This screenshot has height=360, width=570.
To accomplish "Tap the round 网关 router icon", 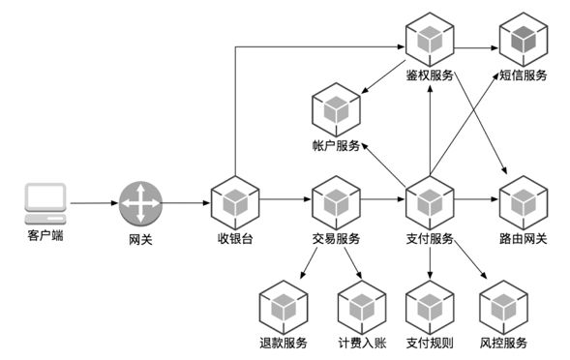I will [140, 203].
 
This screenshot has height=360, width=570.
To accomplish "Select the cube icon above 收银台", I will [235, 202].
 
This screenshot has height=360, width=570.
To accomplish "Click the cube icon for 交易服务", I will [336, 202].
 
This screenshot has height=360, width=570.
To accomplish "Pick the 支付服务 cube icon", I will [429, 202].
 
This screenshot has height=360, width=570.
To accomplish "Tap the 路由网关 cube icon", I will [524, 202].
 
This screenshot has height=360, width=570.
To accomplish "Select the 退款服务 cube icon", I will [283, 308].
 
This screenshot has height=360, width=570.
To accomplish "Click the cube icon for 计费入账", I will [362, 308].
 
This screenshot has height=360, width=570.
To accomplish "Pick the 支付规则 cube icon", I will [429, 308].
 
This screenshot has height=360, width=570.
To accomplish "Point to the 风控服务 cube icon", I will [503, 308].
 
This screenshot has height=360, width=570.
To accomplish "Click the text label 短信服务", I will [524, 75].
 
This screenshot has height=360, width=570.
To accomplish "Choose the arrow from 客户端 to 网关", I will [94, 203].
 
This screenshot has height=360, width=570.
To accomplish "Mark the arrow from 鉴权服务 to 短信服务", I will [476, 45].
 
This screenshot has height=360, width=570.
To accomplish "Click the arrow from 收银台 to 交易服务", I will [285, 202].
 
